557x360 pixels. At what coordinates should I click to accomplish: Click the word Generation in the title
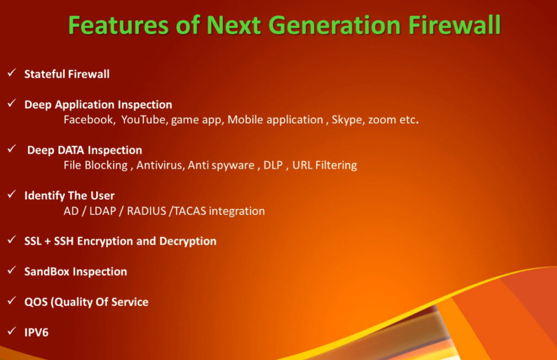coord(335,25)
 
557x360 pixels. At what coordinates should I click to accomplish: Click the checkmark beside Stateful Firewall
coord(12,73)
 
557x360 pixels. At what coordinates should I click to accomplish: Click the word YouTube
coord(144,120)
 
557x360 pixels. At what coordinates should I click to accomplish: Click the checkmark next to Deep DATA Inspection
coord(12,149)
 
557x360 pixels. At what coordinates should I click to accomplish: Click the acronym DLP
coord(273,165)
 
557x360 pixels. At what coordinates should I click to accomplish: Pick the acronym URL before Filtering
coord(302,165)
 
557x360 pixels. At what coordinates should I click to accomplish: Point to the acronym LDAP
coord(103,211)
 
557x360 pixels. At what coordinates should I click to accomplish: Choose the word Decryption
coord(188,241)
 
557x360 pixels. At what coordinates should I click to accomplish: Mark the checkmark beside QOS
coord(12,301)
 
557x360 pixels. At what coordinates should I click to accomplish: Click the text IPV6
coord(36,332)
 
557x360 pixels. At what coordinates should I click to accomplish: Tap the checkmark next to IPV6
coord(12,331)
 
